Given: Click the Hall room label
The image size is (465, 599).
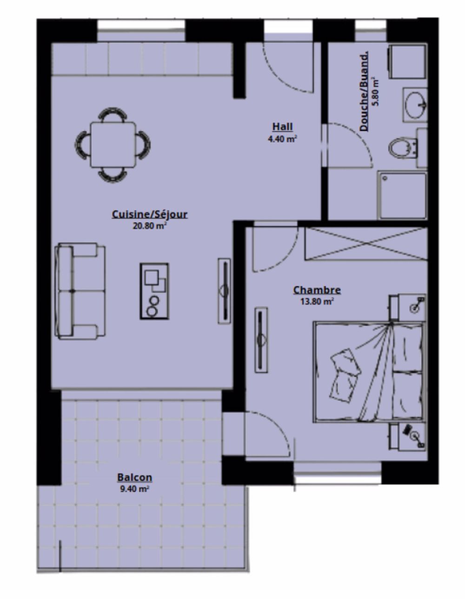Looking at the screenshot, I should tap(282, 126).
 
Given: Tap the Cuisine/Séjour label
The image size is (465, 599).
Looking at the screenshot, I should tap(149, 214).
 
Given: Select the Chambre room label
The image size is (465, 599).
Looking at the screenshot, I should tap(317, 290).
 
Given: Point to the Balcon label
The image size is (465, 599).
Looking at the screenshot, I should tap(134, 477).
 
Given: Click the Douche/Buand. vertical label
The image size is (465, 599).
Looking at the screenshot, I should tap(365, 91).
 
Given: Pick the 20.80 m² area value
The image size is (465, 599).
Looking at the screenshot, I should tap(149, 226).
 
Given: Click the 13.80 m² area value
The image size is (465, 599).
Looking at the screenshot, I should tap(317, 301).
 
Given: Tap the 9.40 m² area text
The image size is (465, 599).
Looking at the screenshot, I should tap(134, 489).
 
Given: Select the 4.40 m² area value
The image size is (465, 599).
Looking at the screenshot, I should tap(282, 139).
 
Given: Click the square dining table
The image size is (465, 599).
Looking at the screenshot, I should tap(113, 145).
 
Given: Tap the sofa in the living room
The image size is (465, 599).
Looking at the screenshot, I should tap(79, 291).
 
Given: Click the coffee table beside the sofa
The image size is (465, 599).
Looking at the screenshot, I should tap(154, 291).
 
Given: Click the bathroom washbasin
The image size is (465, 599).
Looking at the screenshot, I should tap(415, 105).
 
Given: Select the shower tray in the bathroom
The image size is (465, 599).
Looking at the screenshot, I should tap(402, 195).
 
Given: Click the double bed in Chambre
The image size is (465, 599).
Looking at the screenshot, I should tap(368, 372).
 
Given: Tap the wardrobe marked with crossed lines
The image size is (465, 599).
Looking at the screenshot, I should tap(365, 243).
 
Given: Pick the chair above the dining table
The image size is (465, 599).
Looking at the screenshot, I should tap(113, 114).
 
